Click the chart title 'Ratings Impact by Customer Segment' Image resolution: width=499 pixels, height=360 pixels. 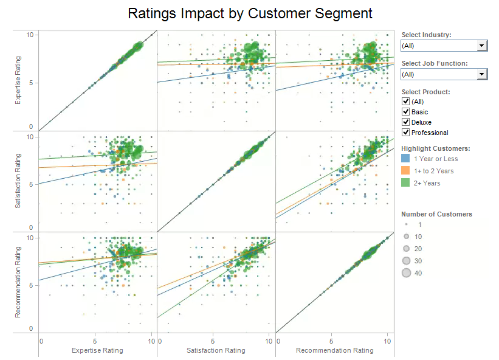250,13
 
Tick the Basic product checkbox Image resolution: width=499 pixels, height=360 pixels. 405,112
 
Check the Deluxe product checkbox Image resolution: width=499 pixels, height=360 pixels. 405,122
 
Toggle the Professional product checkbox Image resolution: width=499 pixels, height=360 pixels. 405,133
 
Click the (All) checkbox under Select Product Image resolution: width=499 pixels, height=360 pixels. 405,102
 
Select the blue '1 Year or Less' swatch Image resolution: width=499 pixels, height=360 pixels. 406,159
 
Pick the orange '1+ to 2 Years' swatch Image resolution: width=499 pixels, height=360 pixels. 406,171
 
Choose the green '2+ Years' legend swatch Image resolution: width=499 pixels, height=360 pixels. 406,183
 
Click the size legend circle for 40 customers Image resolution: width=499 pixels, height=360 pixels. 407,273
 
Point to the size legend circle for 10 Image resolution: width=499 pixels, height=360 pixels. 407,237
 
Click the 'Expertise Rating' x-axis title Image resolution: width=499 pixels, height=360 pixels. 97,350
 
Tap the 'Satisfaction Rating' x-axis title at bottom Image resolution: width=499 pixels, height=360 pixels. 216,350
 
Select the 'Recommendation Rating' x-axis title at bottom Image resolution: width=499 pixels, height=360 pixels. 334,350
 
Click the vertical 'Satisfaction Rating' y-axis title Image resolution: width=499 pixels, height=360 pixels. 18,181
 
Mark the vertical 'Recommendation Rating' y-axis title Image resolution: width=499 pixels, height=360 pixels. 18,282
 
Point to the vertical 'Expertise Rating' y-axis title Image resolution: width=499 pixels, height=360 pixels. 18,80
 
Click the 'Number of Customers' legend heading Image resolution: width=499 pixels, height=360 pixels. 436,214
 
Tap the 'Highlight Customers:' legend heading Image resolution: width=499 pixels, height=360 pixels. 436,148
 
